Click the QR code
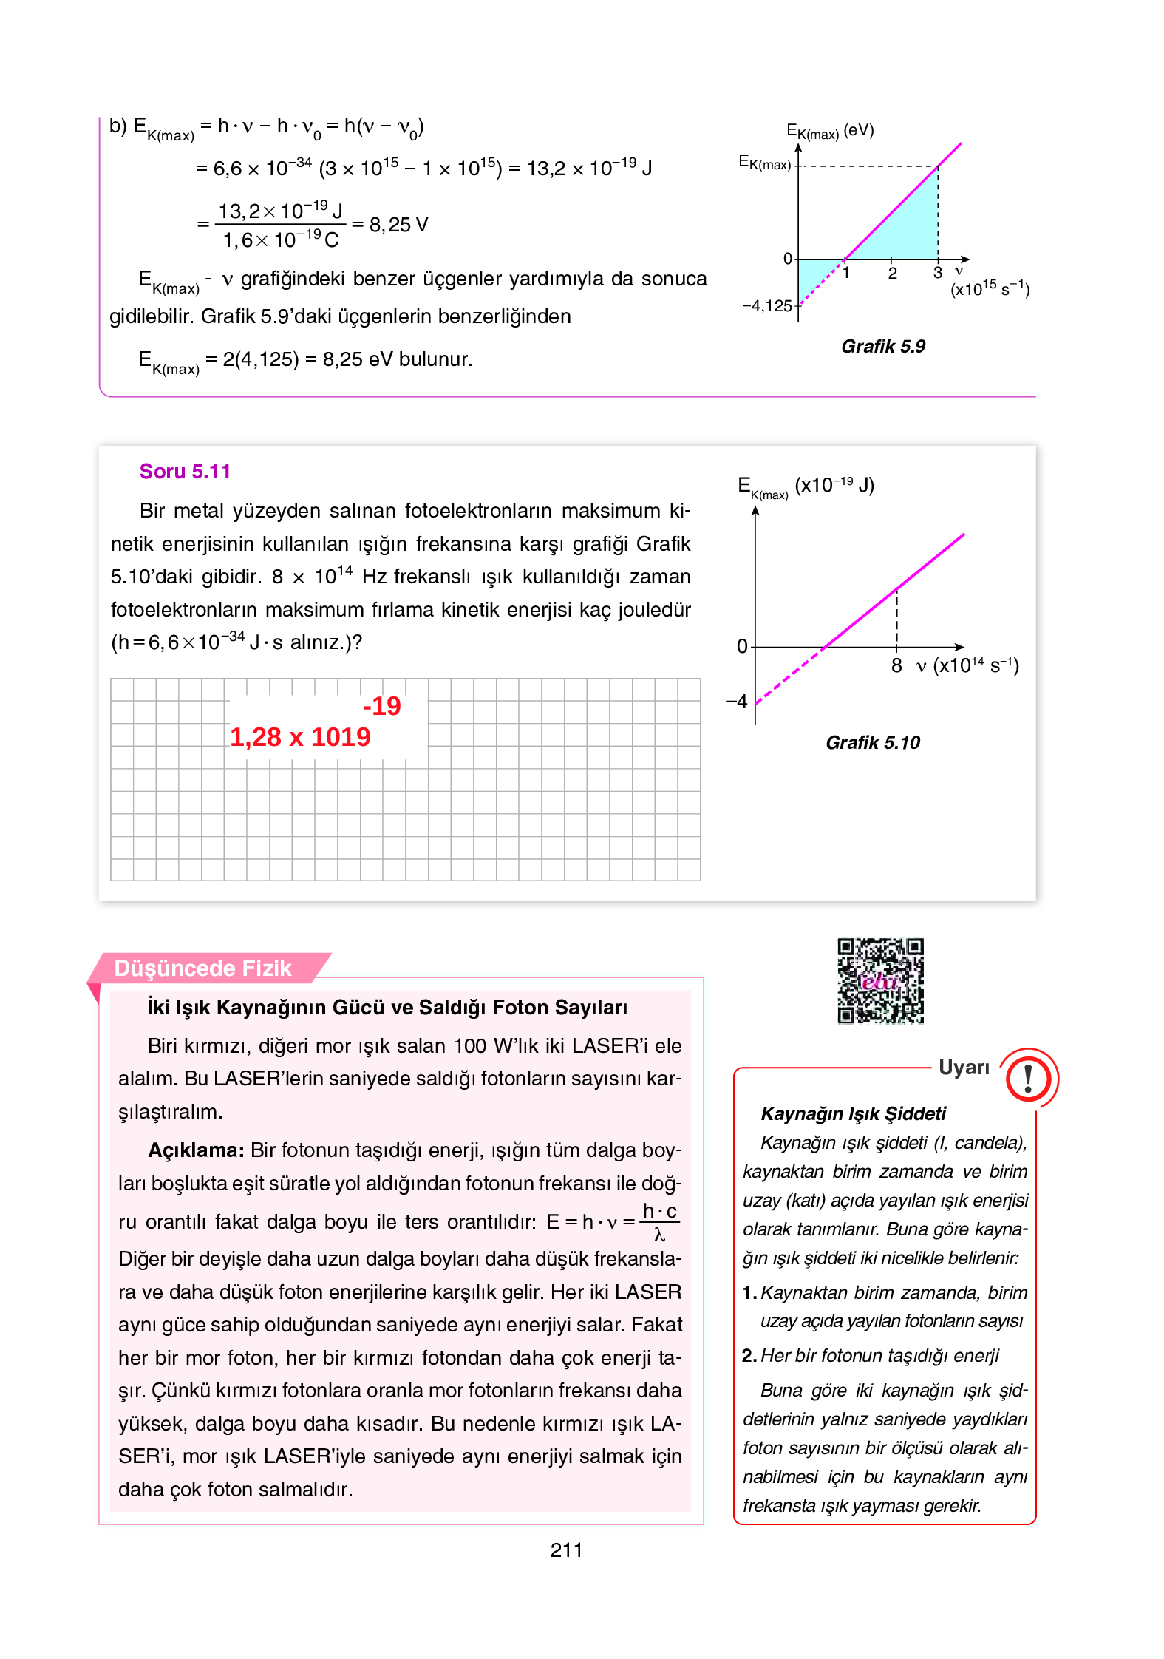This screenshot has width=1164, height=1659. (x=879, y=980)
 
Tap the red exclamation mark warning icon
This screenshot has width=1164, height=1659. (x=1028, y=1078)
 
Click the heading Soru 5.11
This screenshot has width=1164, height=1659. (x=185, y=472)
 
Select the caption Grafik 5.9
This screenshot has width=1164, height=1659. (x=882, y=346)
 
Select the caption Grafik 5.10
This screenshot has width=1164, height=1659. (x=872, y=742)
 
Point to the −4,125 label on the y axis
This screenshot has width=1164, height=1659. (x=766, y=306)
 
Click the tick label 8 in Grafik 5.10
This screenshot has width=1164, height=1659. (x=896, y=665)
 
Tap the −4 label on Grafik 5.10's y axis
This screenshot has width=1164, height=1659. (x=737, y=701)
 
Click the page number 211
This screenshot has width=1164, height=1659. (x=566, y=1550)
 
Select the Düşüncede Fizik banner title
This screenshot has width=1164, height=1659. (x=202, y=968)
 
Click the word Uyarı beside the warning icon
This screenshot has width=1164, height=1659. (x=963, y=1067)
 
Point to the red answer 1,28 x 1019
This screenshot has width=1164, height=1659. (x=300, y=736)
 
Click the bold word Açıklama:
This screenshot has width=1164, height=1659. (x=196, y=1150)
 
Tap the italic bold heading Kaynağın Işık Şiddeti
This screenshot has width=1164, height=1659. (x=853, y=1113)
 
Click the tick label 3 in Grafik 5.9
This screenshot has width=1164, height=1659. (x=937, y=273)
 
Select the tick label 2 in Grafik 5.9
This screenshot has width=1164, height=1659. (x=892, y=274)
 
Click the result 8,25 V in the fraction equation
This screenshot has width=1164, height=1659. (x=398, y=225)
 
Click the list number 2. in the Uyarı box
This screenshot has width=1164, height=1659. (x=749, y=1355)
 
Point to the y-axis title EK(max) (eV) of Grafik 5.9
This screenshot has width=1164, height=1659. (x=829, y=132)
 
